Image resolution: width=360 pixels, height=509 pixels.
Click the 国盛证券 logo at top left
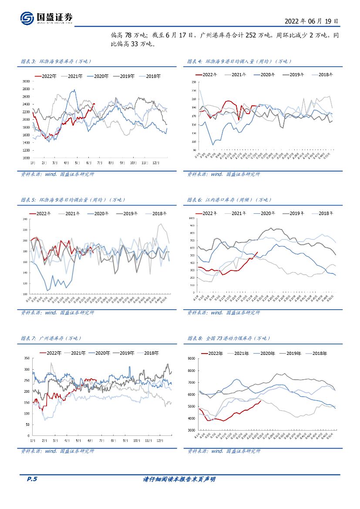47,17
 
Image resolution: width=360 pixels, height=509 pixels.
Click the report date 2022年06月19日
311,21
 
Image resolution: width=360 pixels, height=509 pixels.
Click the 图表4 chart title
239,61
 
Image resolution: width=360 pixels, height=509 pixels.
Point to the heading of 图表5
73,200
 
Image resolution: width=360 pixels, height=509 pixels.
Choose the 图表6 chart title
229,200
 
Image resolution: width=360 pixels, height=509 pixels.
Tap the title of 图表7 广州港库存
51,338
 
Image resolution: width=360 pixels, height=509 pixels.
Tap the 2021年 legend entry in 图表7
78,353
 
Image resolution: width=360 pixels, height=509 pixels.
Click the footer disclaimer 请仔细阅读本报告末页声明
179,479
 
